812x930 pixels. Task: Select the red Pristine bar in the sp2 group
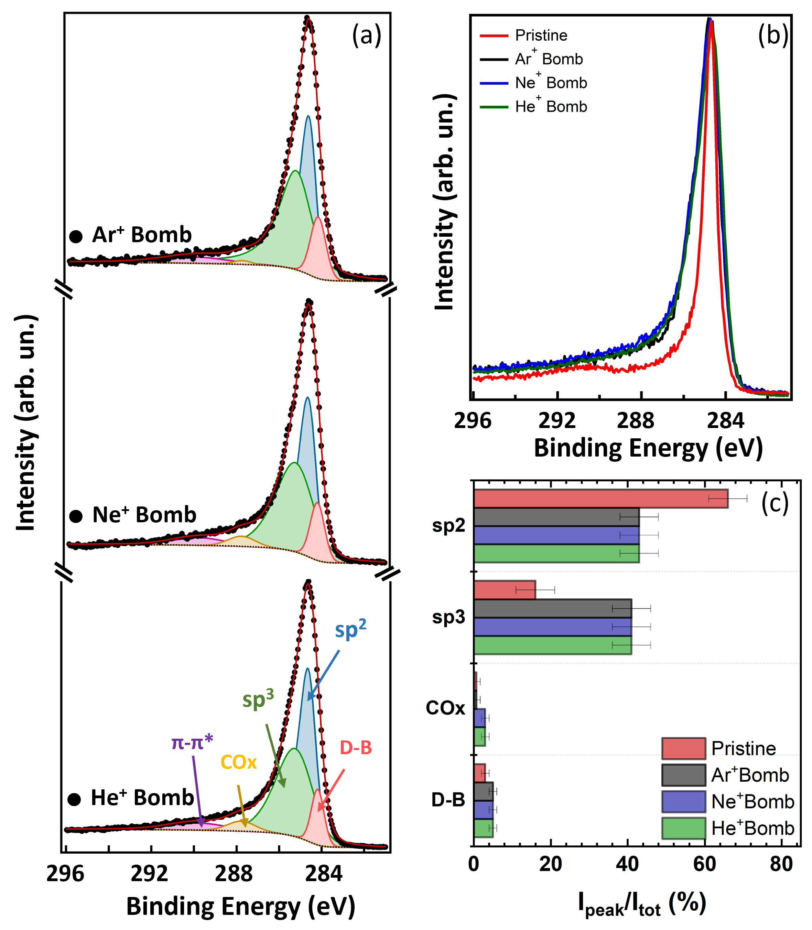[x=600, y=499]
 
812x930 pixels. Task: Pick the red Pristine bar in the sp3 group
[x=504, y=590]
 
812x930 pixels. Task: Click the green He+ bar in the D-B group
[x=483, y=828]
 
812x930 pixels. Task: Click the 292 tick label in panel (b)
[x=556, y=421]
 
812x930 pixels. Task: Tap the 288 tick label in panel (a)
[x=234, y=873]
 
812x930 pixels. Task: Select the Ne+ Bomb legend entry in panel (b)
[x=551, y=83]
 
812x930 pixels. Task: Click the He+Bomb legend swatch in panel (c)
[x=683, y=828]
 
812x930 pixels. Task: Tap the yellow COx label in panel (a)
[x=238, y=762]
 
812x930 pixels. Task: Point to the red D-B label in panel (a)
[x=356, y=748]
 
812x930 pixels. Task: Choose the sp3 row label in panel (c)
[x=448, y=617]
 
